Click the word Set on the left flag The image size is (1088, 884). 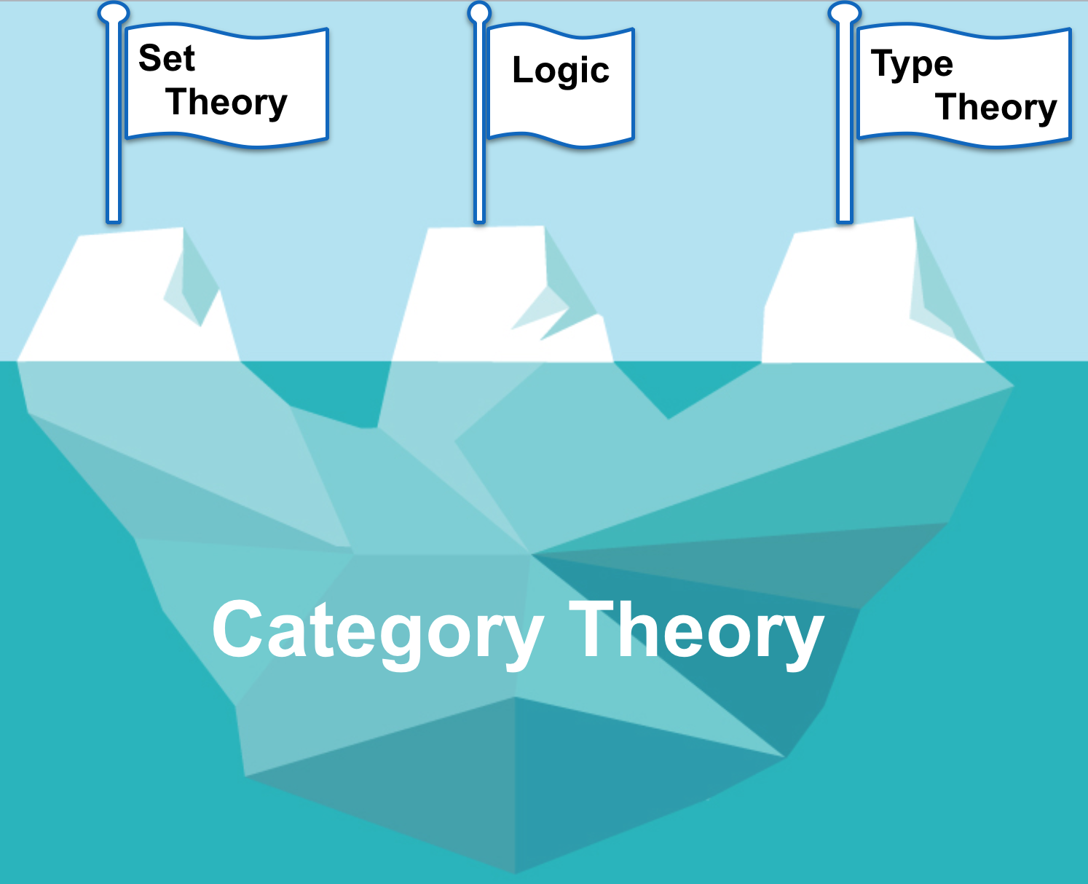click(x=167, y=58)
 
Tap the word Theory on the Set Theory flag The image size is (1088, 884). click(x=226, y=102)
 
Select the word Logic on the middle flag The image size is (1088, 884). click(x=561, y=71)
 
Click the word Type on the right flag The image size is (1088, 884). click(x=912, y=65)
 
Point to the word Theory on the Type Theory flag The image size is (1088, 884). click(x=996, y=108)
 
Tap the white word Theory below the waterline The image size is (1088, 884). click(x=695, y=631)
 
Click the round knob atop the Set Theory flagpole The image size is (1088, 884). click(x=113, y=12)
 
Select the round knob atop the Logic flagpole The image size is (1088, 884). click(x=479, y=12)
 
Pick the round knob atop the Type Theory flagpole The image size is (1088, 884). click(x=845, y=12)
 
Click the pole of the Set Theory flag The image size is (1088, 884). click(x=114, y=131)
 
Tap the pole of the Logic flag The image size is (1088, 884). click(x=479, y=131)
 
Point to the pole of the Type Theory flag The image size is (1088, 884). click(x=845, y=131)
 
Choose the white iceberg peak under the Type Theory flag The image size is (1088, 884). click(x=837, y=299)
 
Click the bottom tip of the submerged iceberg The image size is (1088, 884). click(x=516, y=870)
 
